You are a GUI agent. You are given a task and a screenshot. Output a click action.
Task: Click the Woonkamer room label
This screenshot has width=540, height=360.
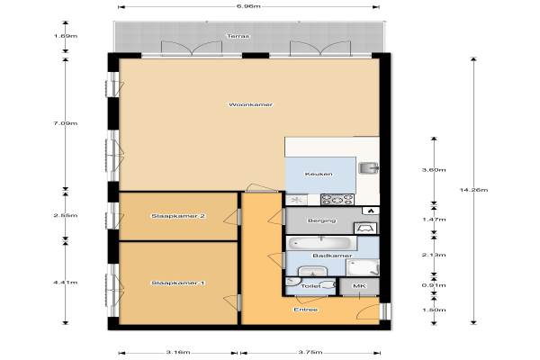[x=251, y=104]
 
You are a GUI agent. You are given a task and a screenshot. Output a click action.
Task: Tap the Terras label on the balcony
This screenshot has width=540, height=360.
[x=238, y=36]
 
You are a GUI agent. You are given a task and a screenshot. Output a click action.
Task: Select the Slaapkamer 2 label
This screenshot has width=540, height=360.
[x=178, y=216]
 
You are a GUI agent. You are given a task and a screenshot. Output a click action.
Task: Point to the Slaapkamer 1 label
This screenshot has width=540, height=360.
[x=178, y=283]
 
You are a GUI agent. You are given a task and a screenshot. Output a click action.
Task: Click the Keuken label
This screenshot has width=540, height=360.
[x=319, y=174]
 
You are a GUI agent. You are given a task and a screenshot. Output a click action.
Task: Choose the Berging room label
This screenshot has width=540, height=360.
[x=321, y=220]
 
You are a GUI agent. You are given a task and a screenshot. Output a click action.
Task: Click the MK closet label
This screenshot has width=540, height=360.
[x=359, y=286]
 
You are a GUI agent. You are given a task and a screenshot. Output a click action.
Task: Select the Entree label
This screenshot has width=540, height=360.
[x=305, y=310]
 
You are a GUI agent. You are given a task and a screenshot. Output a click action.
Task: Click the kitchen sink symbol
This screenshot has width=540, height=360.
[x=369, y=168]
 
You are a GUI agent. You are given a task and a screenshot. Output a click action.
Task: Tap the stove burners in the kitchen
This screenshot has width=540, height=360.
[x=337, y=200]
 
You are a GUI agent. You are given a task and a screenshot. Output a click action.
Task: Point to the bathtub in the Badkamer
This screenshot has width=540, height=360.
[x=319, y=243]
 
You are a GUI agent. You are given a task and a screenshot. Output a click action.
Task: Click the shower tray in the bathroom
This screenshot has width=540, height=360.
[x=363, y=267]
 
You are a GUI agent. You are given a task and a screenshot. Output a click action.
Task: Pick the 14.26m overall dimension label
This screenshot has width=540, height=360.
[x=473, y=190]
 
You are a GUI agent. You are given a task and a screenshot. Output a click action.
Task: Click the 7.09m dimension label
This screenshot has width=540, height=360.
[x=65, y=123]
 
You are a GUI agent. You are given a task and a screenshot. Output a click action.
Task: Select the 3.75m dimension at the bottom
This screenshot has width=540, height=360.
[x=310, y=352]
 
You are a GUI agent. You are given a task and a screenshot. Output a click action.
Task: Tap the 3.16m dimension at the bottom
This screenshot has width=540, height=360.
[x=178, y=352]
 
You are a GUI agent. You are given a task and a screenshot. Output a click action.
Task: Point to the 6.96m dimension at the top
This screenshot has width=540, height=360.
[x=248, y=6]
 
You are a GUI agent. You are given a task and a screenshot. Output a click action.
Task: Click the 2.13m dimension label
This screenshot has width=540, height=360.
[x=434, y=255]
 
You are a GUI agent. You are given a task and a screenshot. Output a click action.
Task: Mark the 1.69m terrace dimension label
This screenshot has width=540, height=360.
[x=65, y=36]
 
